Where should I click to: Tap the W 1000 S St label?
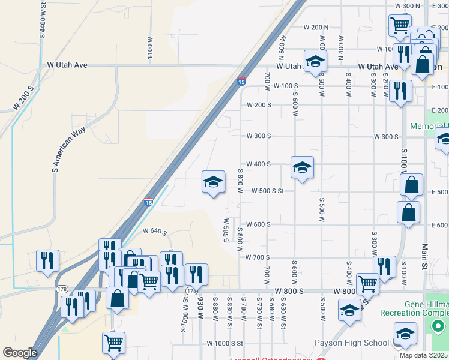[223, 344]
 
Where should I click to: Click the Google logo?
[20, 353]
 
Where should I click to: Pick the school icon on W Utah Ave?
[315, 61]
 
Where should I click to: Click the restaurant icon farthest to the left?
[47, 260]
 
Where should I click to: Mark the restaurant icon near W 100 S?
[399, 91]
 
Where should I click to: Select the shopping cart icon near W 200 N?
[399, 26]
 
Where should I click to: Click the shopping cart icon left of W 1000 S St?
[113, 343]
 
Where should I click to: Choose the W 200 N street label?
[316, 28]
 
